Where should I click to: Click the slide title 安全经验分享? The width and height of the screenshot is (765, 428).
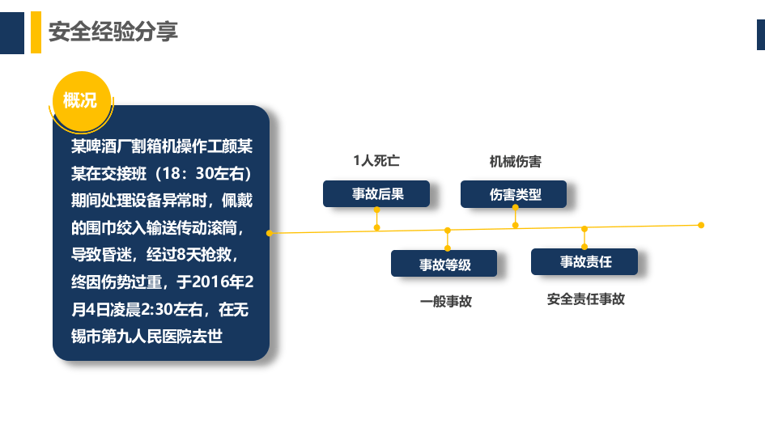point(113,32)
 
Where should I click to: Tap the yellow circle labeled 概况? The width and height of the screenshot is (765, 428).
point(80,100)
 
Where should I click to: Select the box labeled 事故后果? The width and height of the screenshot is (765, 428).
point(376,194)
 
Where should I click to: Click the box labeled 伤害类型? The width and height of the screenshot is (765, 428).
point(514,194)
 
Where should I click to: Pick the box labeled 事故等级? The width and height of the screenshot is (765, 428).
point(444,264)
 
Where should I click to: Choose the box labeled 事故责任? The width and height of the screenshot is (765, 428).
point(584,262)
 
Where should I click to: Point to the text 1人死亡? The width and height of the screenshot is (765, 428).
point(376,161)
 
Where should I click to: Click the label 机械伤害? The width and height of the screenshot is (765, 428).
point(515,161)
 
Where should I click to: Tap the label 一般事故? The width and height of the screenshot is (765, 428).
point(445,301)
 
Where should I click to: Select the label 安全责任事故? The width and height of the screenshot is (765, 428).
point(585,299)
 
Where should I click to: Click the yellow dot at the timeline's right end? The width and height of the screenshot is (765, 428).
point(701,225)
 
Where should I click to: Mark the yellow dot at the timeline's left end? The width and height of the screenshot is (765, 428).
point(270,233)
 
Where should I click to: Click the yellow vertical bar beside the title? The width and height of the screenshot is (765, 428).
point(36,32)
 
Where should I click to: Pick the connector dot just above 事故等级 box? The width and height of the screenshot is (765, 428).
point(448,248)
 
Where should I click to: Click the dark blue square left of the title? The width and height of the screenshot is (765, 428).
point(11,32)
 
